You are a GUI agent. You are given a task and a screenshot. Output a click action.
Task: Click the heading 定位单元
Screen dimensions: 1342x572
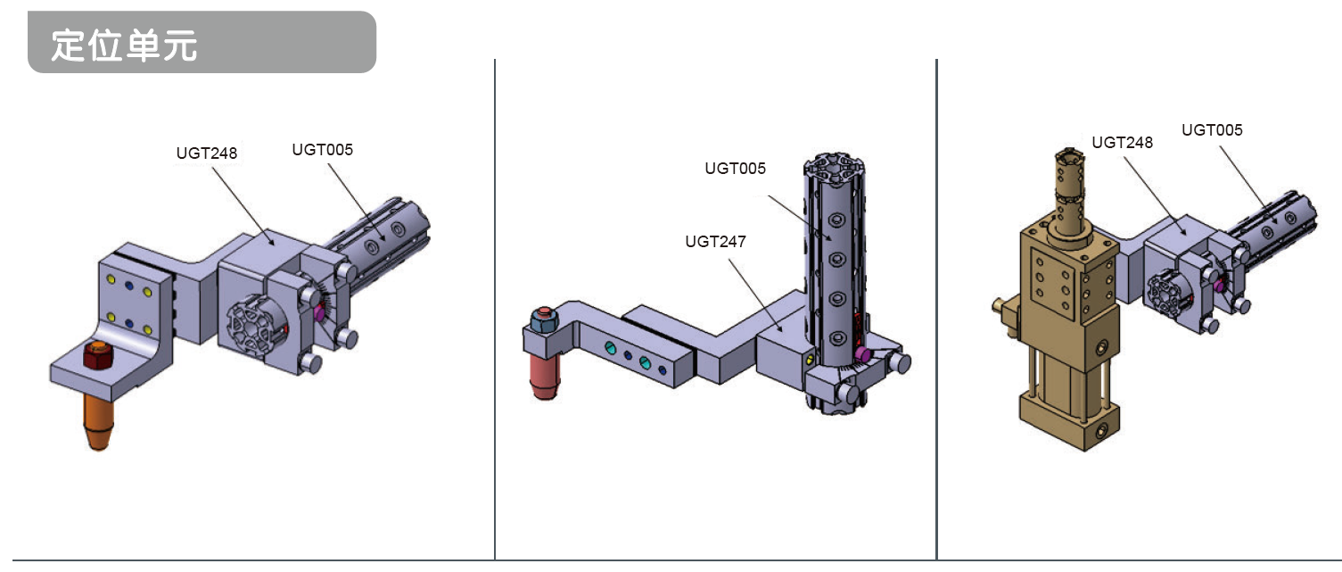[x=124, y=46]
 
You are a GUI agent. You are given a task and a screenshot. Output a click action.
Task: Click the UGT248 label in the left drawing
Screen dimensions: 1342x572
[x=207, y=153]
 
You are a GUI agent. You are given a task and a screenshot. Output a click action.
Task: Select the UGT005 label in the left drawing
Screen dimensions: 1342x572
[x=322, y=150]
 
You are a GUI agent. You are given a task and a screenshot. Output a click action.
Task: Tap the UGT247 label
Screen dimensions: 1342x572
[x=715, y=242]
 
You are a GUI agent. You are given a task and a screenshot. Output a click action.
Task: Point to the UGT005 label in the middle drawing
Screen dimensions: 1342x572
[x=735, y=169]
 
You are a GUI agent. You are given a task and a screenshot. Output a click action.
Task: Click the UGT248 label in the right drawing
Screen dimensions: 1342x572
[x=1122, y=143]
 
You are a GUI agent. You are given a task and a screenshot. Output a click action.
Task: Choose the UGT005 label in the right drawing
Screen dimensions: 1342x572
[x=1212, y=130]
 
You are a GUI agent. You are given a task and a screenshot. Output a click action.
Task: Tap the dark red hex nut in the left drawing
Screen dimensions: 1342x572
[x=98, y=355]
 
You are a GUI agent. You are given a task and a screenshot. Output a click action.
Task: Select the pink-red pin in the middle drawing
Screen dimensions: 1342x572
[x=545, y=376]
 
